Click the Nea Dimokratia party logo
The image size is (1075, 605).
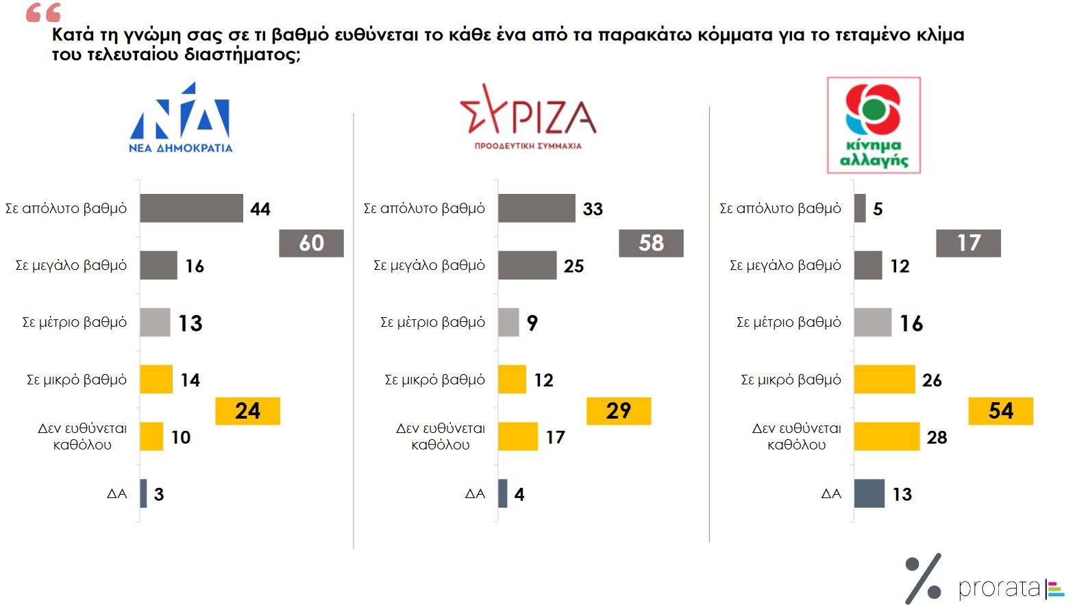pyautogui.click(x=181, y=118)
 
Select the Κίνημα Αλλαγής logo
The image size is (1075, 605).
pyautogui.click(x=874, y=125)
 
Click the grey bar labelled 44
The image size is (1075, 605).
pyautogui.click(x=191, y=208)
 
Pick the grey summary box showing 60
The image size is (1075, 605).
pyautogui.click(x=311, y=243)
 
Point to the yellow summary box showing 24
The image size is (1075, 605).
pyautogui.click(x=247, y=411)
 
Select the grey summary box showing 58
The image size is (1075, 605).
pyautogui.click(x=651, y=243)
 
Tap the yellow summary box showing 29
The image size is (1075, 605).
pyautogui.click(x=619, y=411)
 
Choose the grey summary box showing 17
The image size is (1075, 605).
pyautogui.click(x=968, y=243)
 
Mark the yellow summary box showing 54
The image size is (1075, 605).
pyautogui.click(x=1000, y=411)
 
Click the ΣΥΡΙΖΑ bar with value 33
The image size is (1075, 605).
pyautogui.click(x=536, y=208)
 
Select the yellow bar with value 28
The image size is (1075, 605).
pyautogui.click(x=887, y=436)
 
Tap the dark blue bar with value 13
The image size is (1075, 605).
pyautogui.click(x=869, y=493)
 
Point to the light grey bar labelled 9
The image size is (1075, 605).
pyautogui.click(x=508, y=322)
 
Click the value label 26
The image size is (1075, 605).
pyautogui.click(x=932, y=380)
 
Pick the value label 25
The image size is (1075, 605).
pyautogui.click(x=574, y=266)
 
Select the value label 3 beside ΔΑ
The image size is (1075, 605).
pyautogui.click(x=159, y=495)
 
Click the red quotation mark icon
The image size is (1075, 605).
pyautogui.click(x=43, y=12)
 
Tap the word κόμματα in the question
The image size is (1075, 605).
pyautogui.click(x=734, y=34)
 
